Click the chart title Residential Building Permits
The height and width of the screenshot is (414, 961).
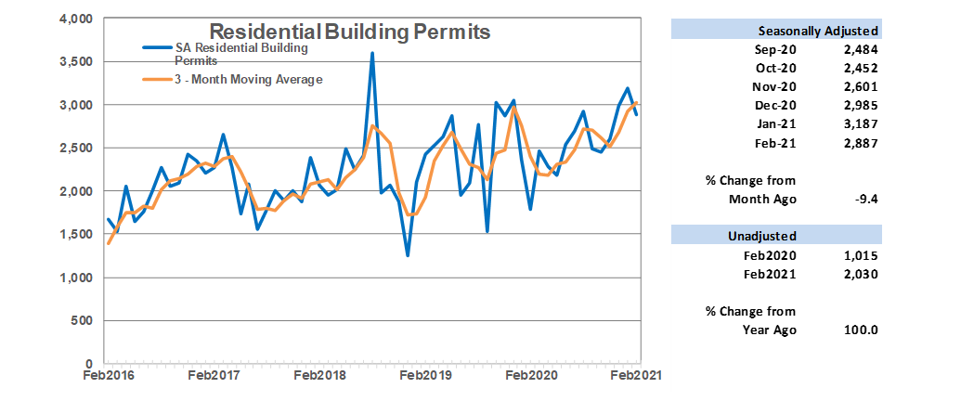tap(349, 32)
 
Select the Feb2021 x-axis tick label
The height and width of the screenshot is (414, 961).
tap(635, 375)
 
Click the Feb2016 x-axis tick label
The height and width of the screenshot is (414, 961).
tap(106, 375)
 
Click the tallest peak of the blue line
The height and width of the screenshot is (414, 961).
tap(372, 54)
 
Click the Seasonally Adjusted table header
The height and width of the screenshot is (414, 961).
tap(818, 31)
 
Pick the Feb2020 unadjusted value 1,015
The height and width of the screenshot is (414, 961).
tap(861, 255)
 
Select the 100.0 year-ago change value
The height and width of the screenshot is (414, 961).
tap(863, 330)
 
